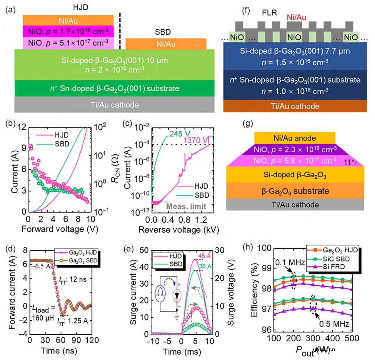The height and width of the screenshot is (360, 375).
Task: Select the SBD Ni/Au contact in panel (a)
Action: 166,44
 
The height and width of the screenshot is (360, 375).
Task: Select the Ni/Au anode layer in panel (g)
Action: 295,138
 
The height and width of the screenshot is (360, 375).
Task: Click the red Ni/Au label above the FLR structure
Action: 296,16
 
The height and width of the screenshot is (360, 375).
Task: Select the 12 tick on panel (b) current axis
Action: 20,128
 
